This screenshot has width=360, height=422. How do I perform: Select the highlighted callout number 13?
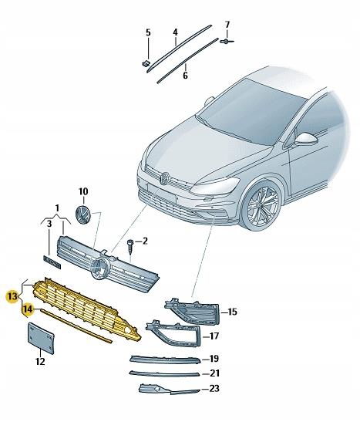click(x=11, y=295)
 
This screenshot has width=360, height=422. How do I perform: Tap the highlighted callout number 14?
click(x=27, y=309)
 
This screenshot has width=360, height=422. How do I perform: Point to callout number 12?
click(x=40, y=360)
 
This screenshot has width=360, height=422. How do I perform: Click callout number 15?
click(x=233, y=312)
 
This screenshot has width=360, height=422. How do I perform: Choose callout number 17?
click(x=215, y=336)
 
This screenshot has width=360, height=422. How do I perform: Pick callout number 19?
click(x=215, y=359)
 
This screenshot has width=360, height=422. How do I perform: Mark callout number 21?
click(x=215, y=373)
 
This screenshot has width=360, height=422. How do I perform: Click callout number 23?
click(x=215, y=389)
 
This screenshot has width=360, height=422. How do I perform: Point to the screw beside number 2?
click(x=130, y=245)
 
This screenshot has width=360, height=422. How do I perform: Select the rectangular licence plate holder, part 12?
click(x=40, y=337)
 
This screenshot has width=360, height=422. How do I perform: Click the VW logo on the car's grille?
click(x=164, y=177)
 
